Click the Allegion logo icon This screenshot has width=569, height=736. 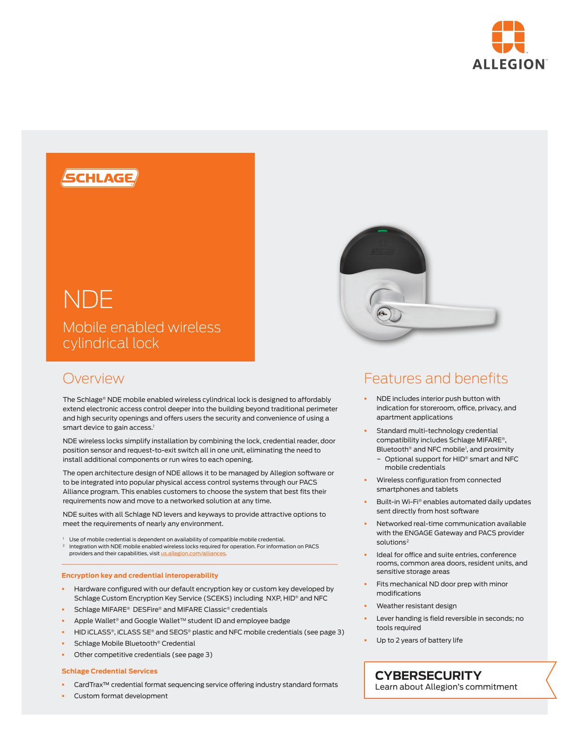(x=508, y=37)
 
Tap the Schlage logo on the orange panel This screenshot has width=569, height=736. (x=100, y=178)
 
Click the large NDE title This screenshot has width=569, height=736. (x=88, y=299)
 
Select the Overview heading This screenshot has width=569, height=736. (x=93, y=378)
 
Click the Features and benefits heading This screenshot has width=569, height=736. (x=436, y=378)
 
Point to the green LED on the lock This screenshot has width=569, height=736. (x=383, y=230)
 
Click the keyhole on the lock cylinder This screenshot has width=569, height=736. (x=382, y=314)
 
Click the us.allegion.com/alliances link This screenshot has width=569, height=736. (x=193, y=553)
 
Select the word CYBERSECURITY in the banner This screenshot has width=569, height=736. (x=428, y=675)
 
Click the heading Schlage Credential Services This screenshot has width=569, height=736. (x=109, y=671)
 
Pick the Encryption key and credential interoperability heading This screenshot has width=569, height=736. (x=139, y=575)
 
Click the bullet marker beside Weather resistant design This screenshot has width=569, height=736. (x=365, y=606)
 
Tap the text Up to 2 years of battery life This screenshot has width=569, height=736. (x=419, y=640)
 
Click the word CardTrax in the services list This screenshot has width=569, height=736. (x=88, y=684)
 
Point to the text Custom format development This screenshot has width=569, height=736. (x=121, y=696)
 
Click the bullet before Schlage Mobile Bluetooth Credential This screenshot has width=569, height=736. (x=63, y=644)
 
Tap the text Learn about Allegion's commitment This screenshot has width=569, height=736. (x=446, y=687)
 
